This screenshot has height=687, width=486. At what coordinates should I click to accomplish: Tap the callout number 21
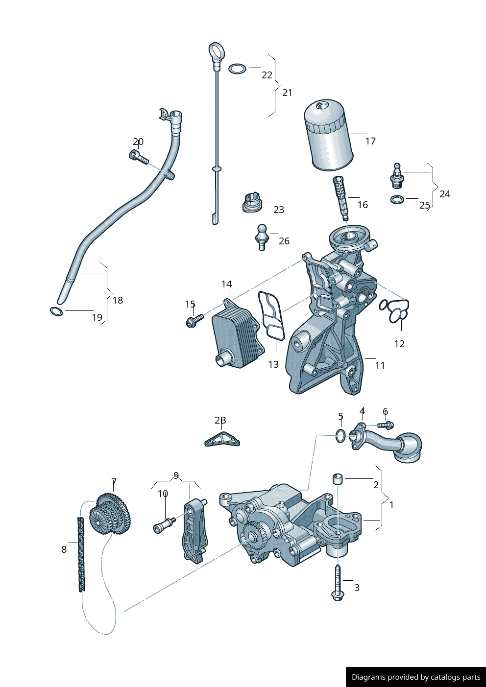[x=287, y=93]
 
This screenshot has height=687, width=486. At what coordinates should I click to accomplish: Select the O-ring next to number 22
[x=237, y=69]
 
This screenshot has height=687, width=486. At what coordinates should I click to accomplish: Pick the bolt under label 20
[x=139, y=157]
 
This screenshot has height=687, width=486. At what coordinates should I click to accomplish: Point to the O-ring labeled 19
[x=56, y=311]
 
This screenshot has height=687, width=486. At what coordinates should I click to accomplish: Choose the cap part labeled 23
[x=252, y=203]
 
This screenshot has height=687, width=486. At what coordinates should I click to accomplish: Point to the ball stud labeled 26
[x=262, y=237]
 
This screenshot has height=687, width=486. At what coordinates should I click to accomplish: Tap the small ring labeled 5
[x=340, y=435]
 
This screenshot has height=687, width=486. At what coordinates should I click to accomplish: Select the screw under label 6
[x=386, y=425]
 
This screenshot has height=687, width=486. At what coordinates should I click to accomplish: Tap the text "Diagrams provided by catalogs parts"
[x=415, y=677]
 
